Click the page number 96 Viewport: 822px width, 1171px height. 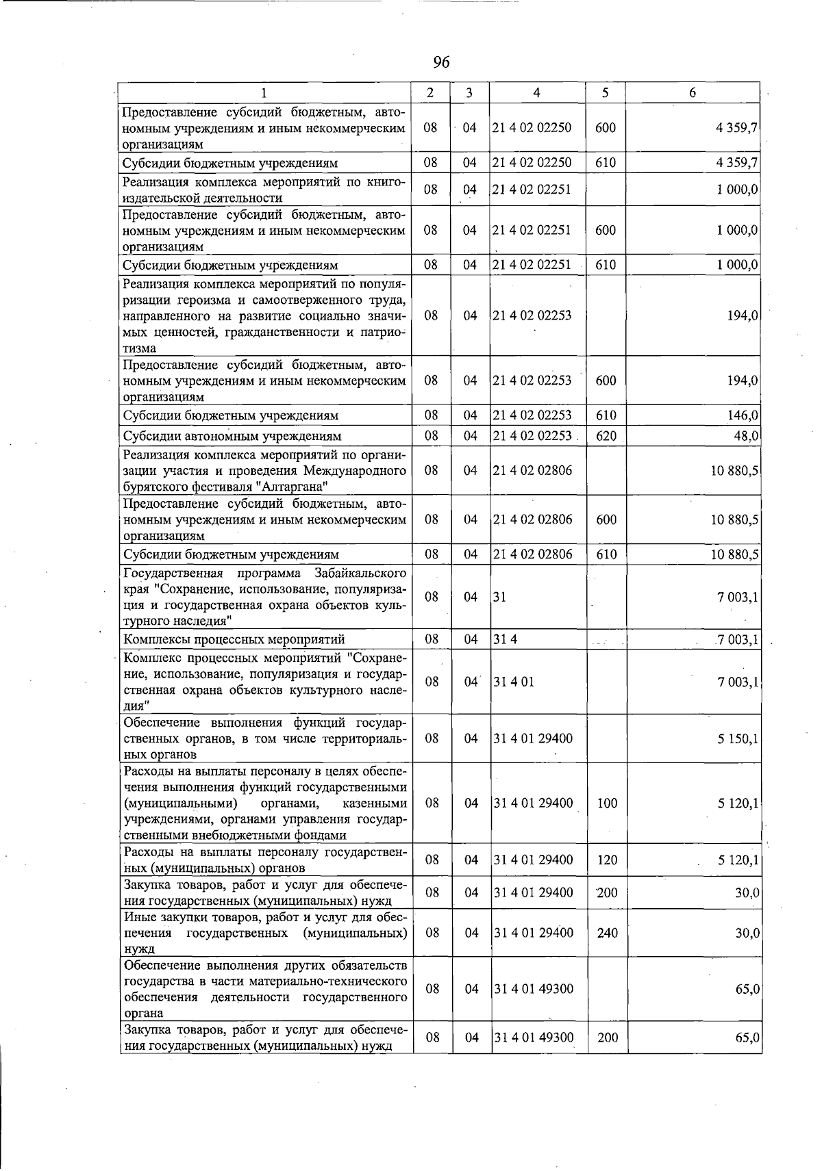coord(441,62)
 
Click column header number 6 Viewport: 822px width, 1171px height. coord(693,93)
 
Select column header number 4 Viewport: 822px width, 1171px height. coord(537,93)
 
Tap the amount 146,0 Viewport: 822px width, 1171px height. coord(743,415)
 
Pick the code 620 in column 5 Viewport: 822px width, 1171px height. coord(606,436)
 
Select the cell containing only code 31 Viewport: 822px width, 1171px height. coord(499,597)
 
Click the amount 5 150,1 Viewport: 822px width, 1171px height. coord(738,738)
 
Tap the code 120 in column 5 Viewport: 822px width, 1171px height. coord(608,860)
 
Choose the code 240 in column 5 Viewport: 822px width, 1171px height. coord(608,932)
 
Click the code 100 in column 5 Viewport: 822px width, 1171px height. coord(608,803)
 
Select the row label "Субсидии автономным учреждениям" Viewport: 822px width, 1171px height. coord(232,436)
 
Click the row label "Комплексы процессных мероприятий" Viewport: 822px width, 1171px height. coord(234,639)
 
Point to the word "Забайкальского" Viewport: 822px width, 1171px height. coord(360,573)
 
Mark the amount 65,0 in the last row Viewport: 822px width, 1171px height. coord(747,1038)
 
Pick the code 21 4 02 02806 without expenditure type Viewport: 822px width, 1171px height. coord(532,470)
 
